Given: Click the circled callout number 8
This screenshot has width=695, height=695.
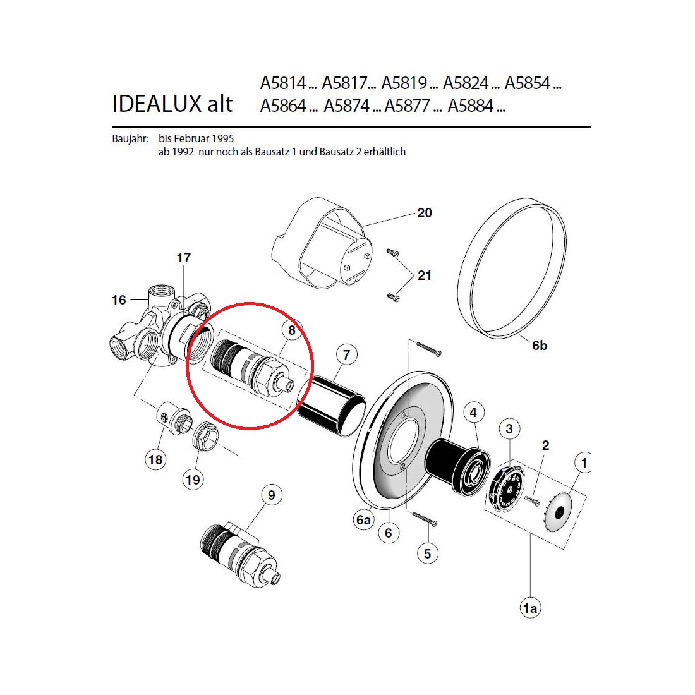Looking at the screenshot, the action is point(292,330).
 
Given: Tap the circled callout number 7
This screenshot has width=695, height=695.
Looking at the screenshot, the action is point(347,354).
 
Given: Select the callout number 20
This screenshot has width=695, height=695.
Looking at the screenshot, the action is point(425,213).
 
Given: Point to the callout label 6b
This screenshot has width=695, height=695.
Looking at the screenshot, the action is point(540,345).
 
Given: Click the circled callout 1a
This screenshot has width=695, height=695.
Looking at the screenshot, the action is point(530,608).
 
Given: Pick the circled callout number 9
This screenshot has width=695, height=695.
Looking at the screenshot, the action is point(271,495).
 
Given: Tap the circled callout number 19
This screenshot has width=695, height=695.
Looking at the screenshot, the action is point(193,480).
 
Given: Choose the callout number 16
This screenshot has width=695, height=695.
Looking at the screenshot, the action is point(119,300).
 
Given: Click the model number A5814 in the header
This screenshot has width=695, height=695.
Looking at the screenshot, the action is point(283,83).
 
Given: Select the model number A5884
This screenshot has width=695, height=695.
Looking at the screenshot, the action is point(470,106).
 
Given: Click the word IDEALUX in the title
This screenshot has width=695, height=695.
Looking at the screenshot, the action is point(157,104).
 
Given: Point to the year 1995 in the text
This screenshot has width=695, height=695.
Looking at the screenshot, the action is point(222,139).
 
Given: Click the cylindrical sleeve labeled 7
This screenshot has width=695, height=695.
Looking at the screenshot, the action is point(332,405).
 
